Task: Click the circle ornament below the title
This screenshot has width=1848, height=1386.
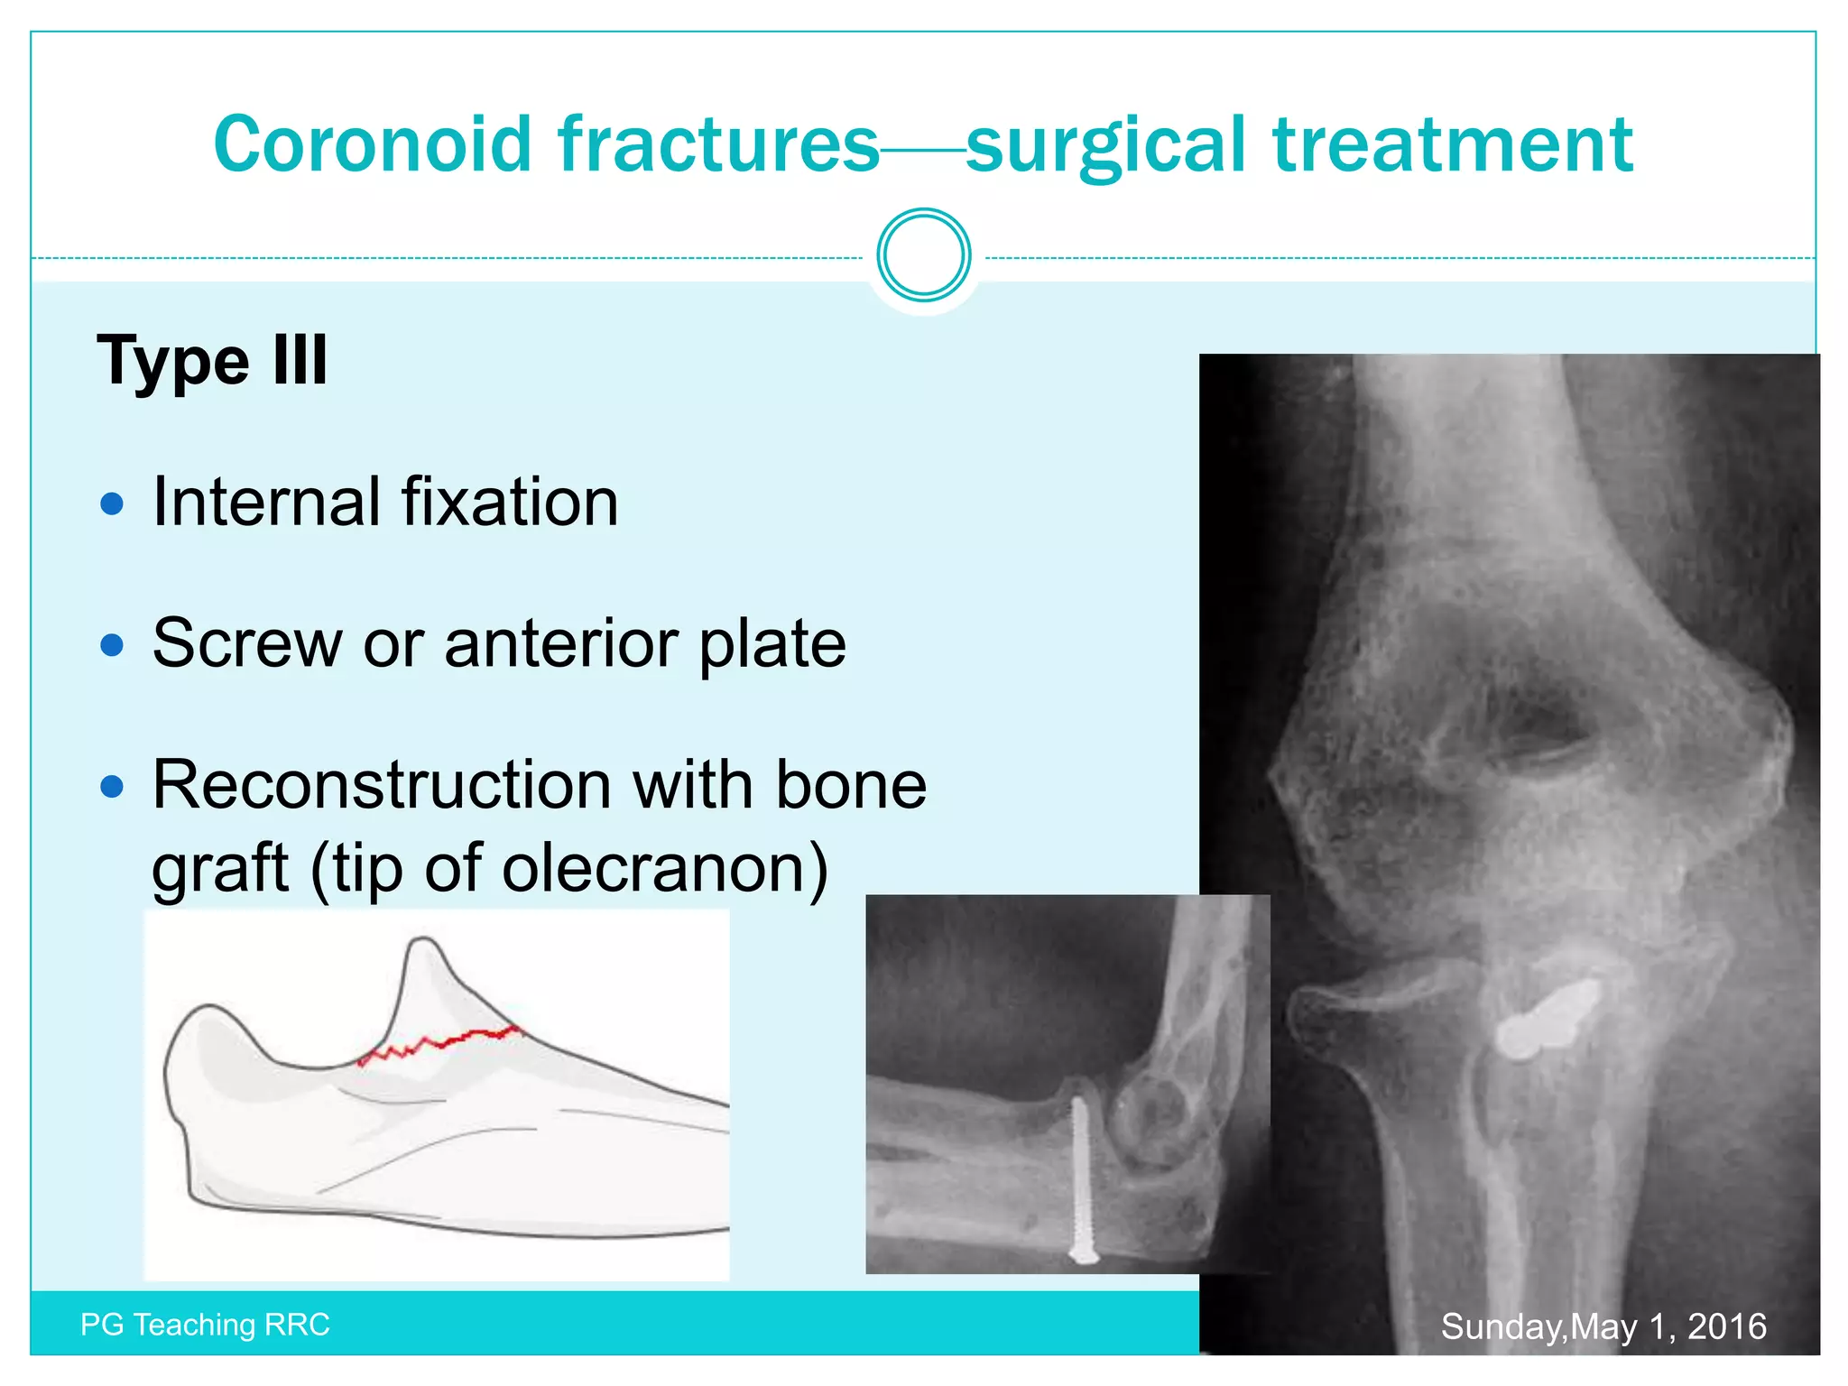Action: [923, 255]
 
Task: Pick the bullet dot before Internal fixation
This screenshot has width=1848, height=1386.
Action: [112, 504]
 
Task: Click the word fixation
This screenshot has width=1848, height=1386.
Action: [510, 502]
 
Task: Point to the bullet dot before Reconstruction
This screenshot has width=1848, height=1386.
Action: [112, 787]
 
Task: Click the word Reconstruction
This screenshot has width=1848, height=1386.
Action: [383, 785]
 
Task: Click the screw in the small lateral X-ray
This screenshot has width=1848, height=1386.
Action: [1080, 1178]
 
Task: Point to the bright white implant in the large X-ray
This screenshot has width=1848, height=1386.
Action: [1545, 1021]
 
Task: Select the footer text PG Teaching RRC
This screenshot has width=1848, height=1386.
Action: [205, 1325]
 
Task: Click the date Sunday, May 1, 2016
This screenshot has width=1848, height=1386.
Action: [1603, 1326]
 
